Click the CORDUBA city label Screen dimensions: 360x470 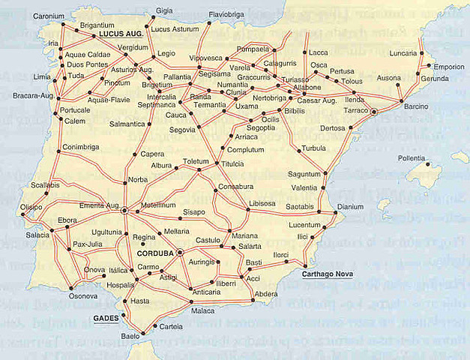coord(156,253)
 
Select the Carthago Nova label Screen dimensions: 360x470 coord(328,274)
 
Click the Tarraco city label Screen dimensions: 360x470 coord(355,109)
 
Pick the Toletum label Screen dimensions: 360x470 coord(196,161)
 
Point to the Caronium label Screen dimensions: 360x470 coord(49,15)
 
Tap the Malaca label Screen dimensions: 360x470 coord(203,310)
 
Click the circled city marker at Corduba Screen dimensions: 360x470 coord(181,253)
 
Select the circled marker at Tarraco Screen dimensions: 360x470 coord(373,110)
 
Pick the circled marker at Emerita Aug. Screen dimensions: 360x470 coord(124,211)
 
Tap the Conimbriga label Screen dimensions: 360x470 coord(81,147)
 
